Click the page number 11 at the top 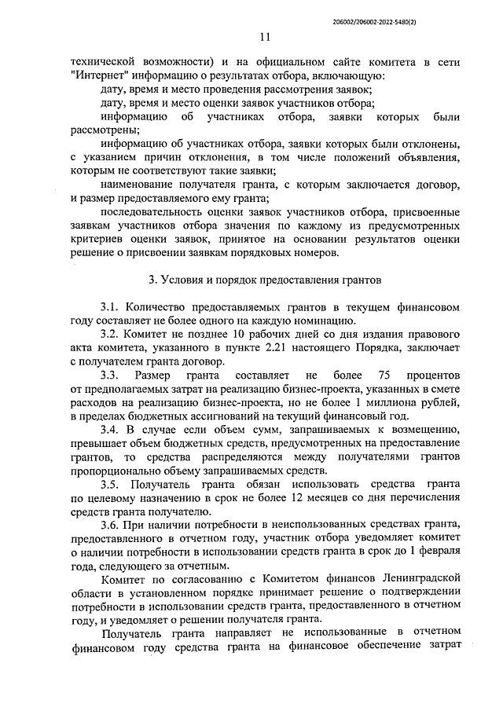(264, 36)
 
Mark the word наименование (140, 184)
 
